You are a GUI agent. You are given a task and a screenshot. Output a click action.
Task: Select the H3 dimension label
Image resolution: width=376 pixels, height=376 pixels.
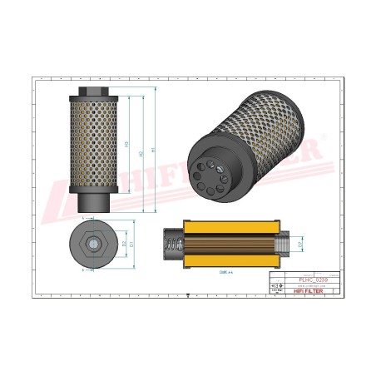coord(126,146)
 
